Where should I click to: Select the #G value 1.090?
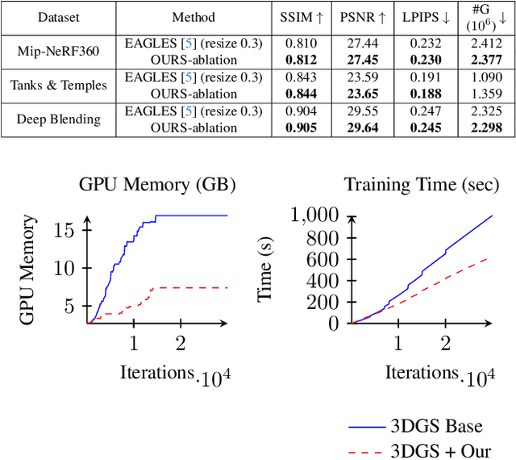coord(484,77)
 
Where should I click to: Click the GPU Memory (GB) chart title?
coord(156,184)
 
